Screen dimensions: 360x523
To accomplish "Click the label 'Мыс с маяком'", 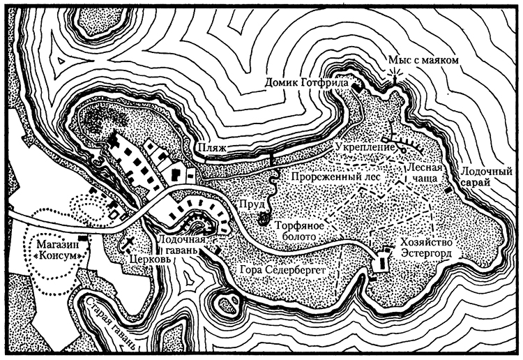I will pyautogui.click(x=424, y=61).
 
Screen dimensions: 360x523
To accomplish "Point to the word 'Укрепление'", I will pyautogui.click(x=359, y=147).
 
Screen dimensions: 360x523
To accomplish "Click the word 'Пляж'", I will pyautogui.click(x=211, y=149).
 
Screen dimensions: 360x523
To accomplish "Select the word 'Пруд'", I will pyautogui.click(x=250, y=202).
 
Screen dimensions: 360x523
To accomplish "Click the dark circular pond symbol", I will pyautogui.click(x=264, y=219).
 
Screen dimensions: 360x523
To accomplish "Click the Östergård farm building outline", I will pyautogui.click(x=382, y=264).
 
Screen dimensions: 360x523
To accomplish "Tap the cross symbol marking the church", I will pyautogui.click(x=130, y=243).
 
